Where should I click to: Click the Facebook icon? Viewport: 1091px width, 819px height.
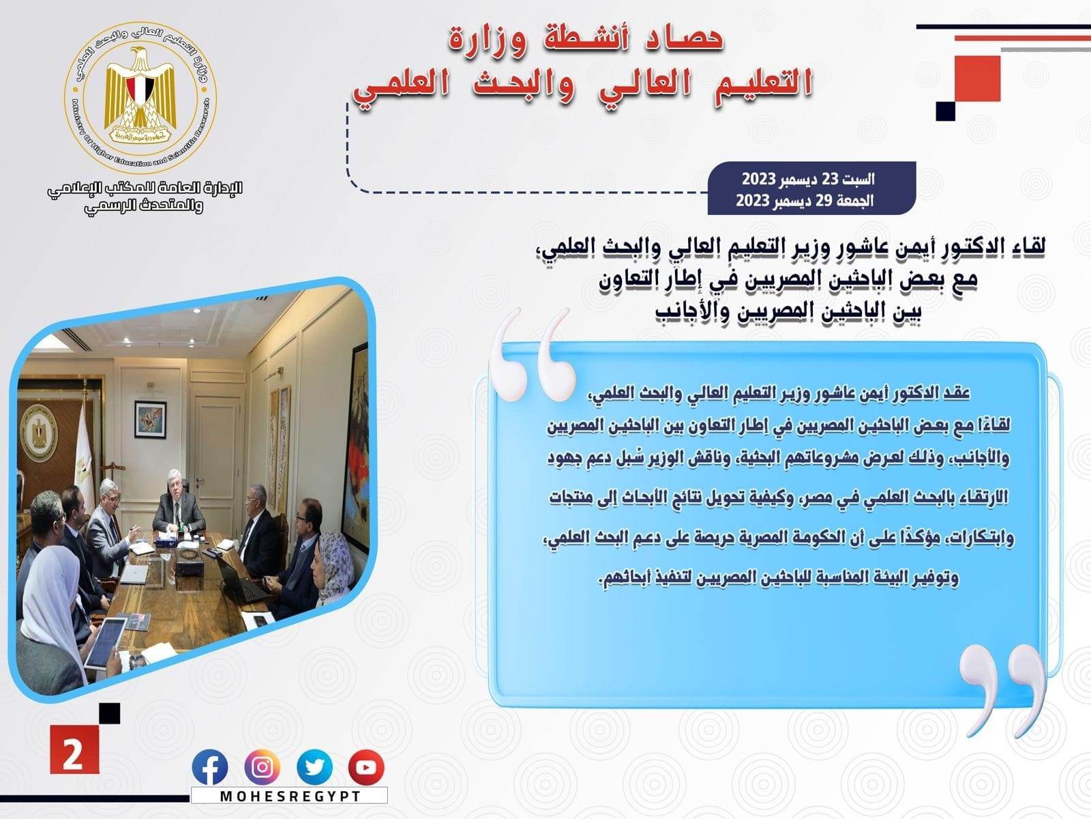point(210,767)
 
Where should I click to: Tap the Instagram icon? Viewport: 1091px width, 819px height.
point(262,767)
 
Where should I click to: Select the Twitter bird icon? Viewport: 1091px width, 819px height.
point(314,767)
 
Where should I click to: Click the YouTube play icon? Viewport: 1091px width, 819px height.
point(366,767)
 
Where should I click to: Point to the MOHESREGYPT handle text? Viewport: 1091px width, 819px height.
point(290,796)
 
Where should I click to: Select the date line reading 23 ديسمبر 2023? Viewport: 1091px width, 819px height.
point(808,179)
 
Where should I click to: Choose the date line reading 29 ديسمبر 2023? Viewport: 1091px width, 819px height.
point(805,201)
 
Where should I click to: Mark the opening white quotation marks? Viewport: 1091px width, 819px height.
point(532,356)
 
